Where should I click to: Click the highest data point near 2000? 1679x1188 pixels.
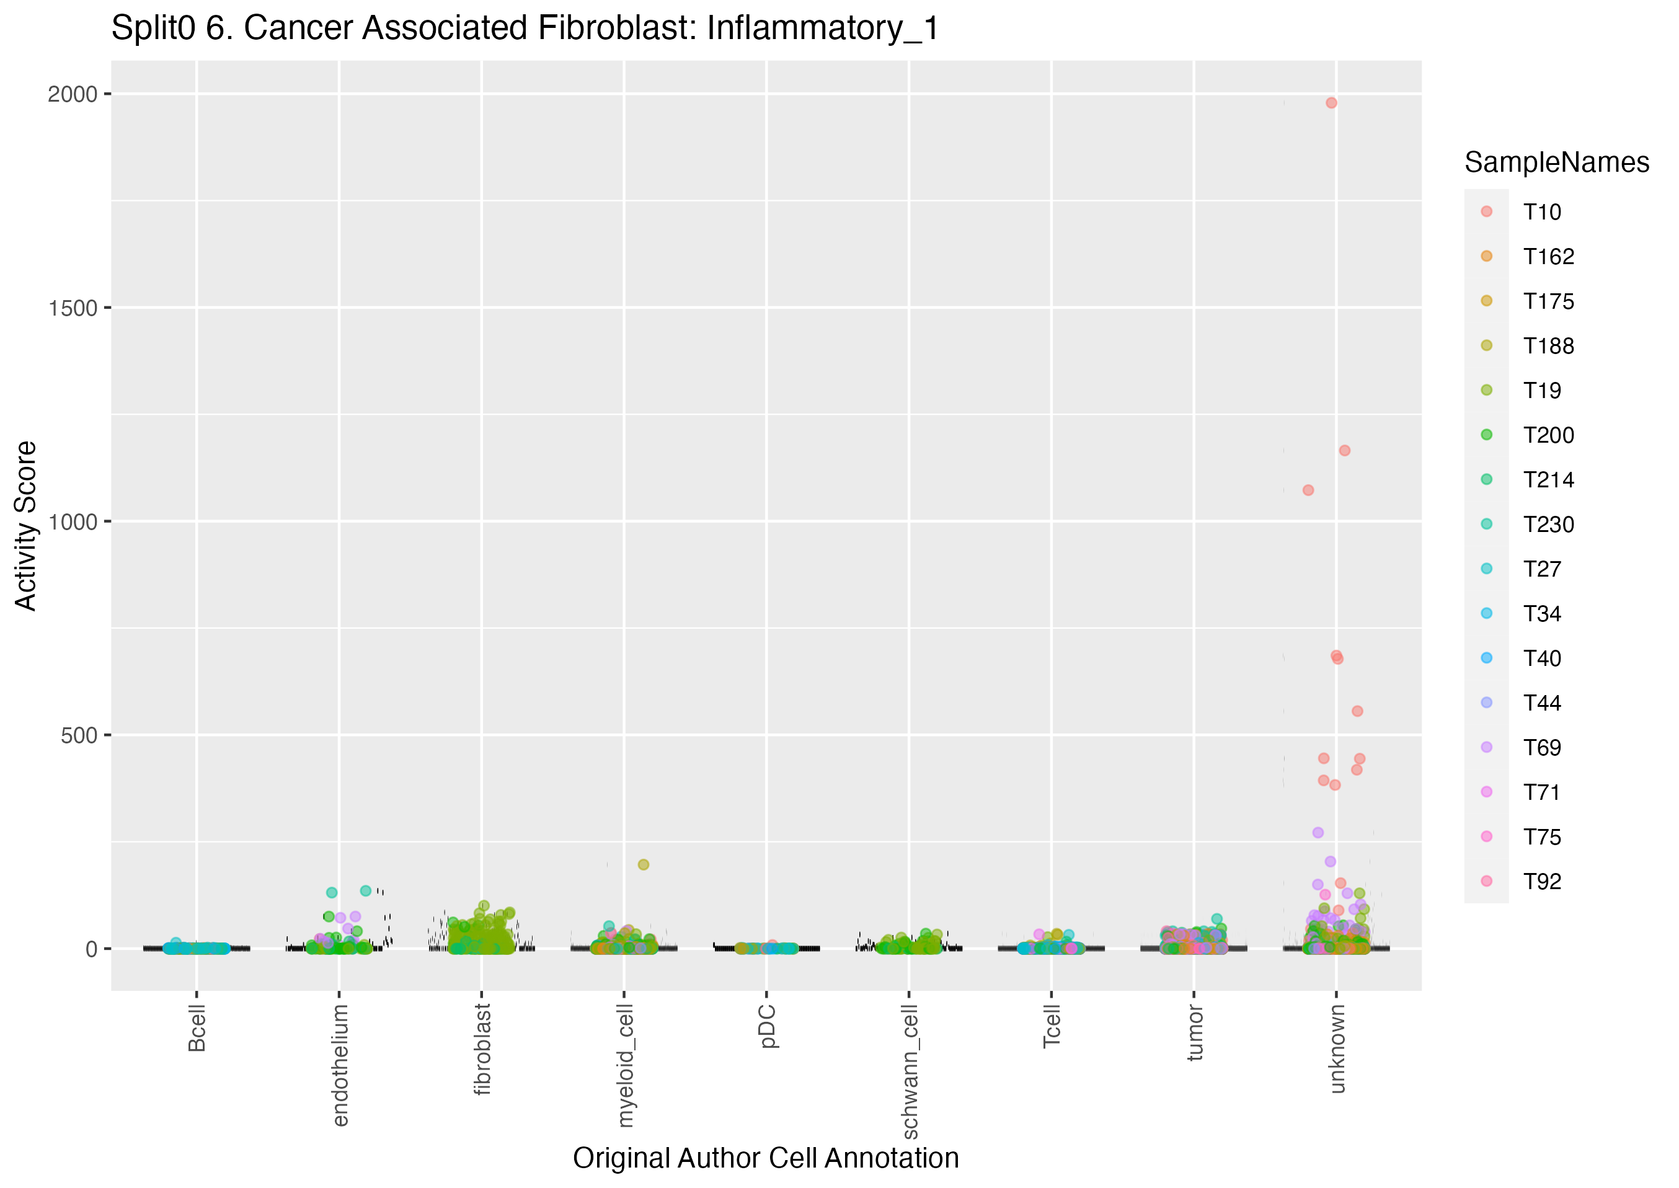1331,103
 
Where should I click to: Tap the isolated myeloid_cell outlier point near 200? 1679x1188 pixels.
644,865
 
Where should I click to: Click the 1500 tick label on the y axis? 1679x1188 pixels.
73,308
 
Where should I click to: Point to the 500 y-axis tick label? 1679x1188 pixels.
79,735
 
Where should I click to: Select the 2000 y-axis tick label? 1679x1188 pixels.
73,94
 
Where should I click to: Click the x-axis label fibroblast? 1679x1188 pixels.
482,1049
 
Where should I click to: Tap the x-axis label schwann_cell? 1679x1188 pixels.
910,1071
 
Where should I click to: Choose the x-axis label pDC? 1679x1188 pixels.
768,1026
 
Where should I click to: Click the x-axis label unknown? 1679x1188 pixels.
1337,1048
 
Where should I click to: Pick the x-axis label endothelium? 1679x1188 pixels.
340,1065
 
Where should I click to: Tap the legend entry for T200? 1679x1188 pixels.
1548,435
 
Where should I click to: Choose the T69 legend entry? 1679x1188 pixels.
1541,748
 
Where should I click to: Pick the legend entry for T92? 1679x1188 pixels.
1541,882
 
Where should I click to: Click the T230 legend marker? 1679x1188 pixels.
1487,525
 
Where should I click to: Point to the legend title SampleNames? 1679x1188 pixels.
1556,162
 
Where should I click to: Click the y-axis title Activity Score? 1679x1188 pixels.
26,525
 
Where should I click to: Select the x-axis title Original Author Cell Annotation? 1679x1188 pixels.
766,1158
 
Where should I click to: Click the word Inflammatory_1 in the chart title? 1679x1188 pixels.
822,29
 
